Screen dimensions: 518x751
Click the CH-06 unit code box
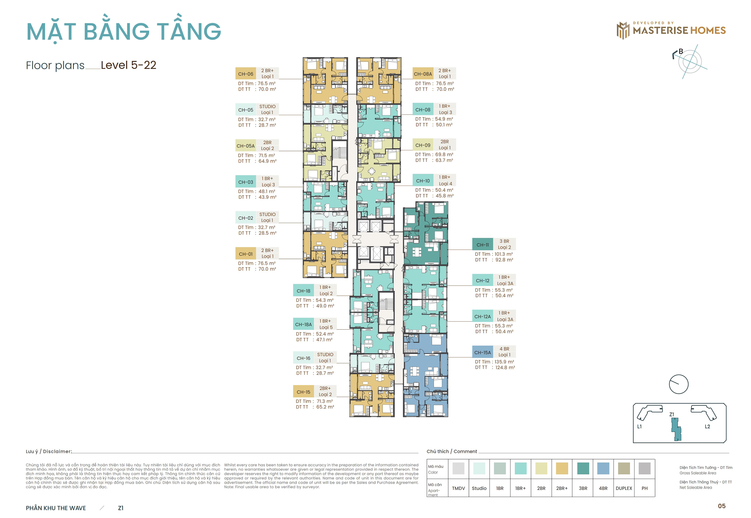pyautogui.click(x=245, y=74)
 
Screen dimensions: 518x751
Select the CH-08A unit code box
pyautogui.click(x=423, y=74)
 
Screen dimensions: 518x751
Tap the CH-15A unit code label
pyautogui.click(x=482, y=353)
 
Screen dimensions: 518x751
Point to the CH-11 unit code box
pyautogui.click(x=482, y=245)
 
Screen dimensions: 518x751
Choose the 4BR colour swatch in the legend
pyautogui.click(x=603, y=468)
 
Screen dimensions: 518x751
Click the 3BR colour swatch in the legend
pyautogui.click(x=583, y=468)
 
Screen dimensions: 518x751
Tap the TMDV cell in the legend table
pyautogui.click(x=458, y=488)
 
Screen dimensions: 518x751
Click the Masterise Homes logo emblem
pyautogui.click(x=623, y=31)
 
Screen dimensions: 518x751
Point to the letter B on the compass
pyautogui.click(x=681, y=51)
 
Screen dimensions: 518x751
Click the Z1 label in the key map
pyautogui.click(x=671, y=414)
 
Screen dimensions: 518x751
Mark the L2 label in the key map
pyautogui.click(x=707, y=426)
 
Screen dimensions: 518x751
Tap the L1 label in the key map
pyautogui.click(x=639, y=426)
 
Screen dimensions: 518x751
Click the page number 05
pyautogui.click(x=721, y=506)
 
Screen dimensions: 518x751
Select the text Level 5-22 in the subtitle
pyautogui.click(x=128, y=65)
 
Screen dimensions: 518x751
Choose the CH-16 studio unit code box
pyautogui.click(x=303, y=358)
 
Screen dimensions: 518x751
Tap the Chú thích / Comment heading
pyautogui.click(x=451, y=451)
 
